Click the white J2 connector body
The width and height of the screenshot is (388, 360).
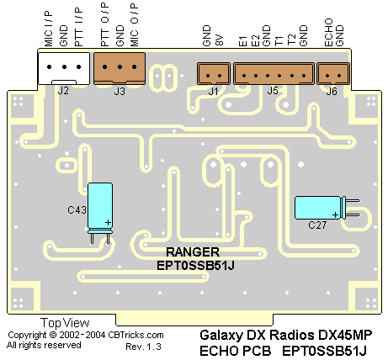(64, 68)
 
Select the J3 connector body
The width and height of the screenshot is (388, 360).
(120, 68)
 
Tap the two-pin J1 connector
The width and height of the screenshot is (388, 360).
(214, 73)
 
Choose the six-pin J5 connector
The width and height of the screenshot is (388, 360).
(274, 73)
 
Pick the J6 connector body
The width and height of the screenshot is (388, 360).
(333, 73)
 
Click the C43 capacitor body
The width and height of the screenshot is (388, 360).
(100, 208)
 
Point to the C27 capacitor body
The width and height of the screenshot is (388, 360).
(320, 208)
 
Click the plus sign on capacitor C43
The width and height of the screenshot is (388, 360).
(108, 223)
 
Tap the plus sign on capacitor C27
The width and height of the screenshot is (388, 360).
(335, 215)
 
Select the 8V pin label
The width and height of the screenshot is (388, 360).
(220, 40)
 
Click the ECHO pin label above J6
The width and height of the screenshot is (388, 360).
(328, 33)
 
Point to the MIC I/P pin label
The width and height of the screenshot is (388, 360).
(48, 29)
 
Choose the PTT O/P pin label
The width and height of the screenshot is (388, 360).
(105, 25)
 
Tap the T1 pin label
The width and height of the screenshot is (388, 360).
(279, 41)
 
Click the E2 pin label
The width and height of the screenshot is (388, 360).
(255, 41)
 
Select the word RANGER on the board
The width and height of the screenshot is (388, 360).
(193, 252)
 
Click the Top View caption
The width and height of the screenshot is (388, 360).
(65, 323)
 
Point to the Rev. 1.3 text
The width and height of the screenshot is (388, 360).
(143, 347)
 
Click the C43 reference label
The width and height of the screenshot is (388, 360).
(77, 209)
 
